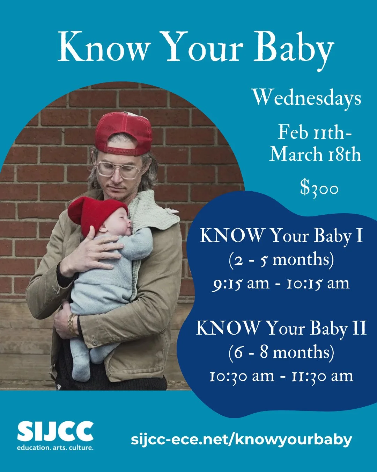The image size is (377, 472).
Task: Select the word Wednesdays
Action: (x=306, y=98)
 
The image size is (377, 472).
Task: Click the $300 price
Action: (x=319, y=188)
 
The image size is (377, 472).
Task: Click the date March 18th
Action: (x=315, y=154)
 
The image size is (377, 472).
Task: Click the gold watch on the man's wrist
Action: (x=72, y=325)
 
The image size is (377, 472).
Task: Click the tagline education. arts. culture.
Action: (x=55, y=448)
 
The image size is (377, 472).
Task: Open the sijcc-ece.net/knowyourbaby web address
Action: (x=241, y=439)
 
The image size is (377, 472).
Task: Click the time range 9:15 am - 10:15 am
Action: (x=281, y=283)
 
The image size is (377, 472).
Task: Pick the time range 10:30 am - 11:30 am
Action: (x=281, y=376)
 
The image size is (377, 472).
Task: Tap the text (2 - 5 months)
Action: (x=281, y=260)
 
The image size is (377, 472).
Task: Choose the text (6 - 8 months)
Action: (x=281, y=352)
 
